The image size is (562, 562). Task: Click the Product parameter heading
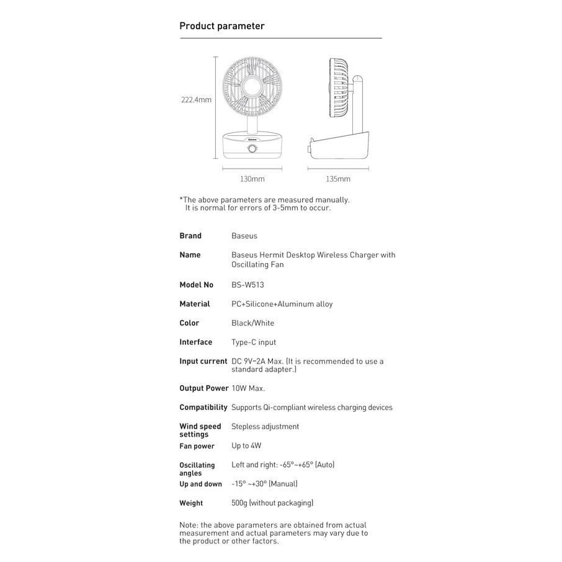[x=222, y=26]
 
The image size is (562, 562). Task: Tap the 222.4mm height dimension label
[x=196, y=99]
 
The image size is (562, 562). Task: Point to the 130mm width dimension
[x=252, y=179]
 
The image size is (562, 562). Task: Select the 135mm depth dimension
[x=338, y=179]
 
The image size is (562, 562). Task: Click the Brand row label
[x=190, y=236]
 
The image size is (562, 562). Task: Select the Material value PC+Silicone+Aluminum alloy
[x=282, y=304]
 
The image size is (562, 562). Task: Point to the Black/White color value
[x=252, y=323]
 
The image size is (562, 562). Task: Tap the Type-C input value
[x=254, y=342]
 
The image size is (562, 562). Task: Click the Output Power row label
[x=204, y=388]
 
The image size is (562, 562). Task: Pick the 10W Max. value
[x=248, y=388]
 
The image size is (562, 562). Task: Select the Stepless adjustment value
[x=265, y=427]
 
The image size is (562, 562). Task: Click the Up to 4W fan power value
[x=246, y=446]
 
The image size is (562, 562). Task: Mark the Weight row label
[x=191, y=503]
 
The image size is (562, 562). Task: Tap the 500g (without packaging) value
[x=272, y=503]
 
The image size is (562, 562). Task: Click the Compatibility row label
[x=203, y=408]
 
